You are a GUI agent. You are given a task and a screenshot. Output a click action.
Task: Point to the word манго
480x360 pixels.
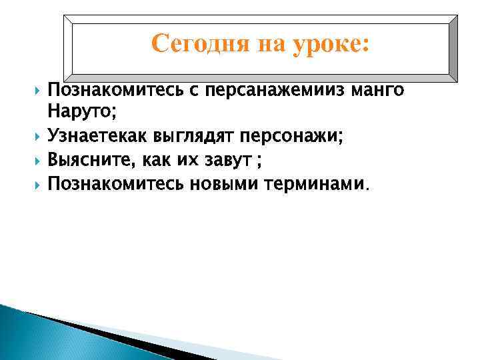pos(379,89)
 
